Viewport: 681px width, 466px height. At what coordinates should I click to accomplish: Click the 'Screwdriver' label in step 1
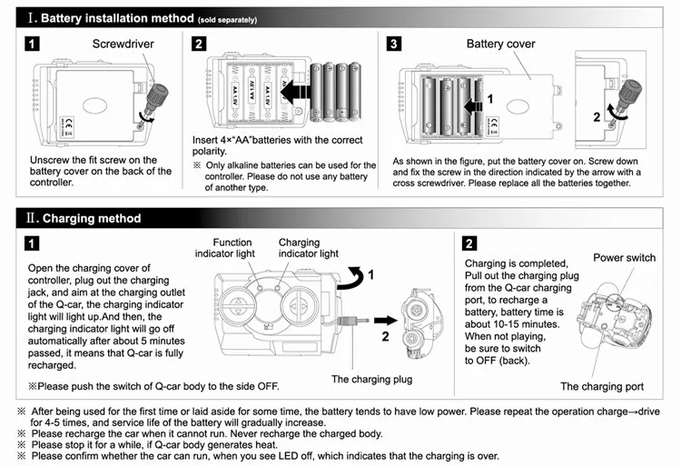(123, 44)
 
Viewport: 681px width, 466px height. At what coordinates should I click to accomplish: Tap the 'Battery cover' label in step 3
(500, 44)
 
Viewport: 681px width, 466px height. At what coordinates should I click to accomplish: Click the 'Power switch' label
(624, 258)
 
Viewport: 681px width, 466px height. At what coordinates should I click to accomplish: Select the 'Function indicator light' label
(225, 248)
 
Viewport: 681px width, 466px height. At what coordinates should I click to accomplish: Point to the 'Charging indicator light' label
(309, 248)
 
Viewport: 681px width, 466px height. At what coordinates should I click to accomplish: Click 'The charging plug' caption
(371, 379)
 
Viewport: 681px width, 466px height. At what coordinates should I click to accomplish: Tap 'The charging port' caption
(602, 387)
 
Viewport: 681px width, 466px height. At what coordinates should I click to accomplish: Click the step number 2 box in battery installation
(199, 44)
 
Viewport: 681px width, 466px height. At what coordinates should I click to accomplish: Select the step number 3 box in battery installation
(394, 44)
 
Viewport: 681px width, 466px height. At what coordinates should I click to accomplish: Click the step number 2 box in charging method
(469, 243)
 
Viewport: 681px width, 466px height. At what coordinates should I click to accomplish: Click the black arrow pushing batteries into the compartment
(295, 92)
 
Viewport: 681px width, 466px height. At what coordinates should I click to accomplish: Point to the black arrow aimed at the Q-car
(386, 321)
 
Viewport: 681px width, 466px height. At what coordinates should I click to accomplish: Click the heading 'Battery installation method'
(117, 18)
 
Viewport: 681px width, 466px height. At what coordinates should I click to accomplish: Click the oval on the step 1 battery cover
(94, 105)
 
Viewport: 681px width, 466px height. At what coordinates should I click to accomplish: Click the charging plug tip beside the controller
(353, 321)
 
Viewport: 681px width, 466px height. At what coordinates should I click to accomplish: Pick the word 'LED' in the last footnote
(287, 456)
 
